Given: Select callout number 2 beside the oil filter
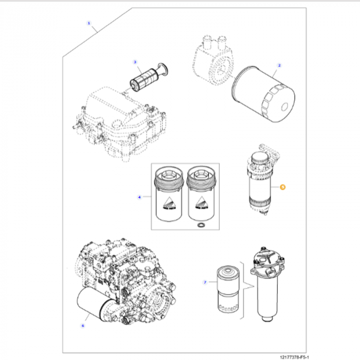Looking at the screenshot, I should coord(279,65).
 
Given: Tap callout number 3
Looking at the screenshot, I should coord(135,62).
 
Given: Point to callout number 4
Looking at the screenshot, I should coord(139,197).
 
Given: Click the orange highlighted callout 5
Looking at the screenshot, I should coord(282,188).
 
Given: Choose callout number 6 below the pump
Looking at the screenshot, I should coord(82,325).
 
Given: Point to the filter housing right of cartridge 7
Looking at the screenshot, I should coord(269,285).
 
